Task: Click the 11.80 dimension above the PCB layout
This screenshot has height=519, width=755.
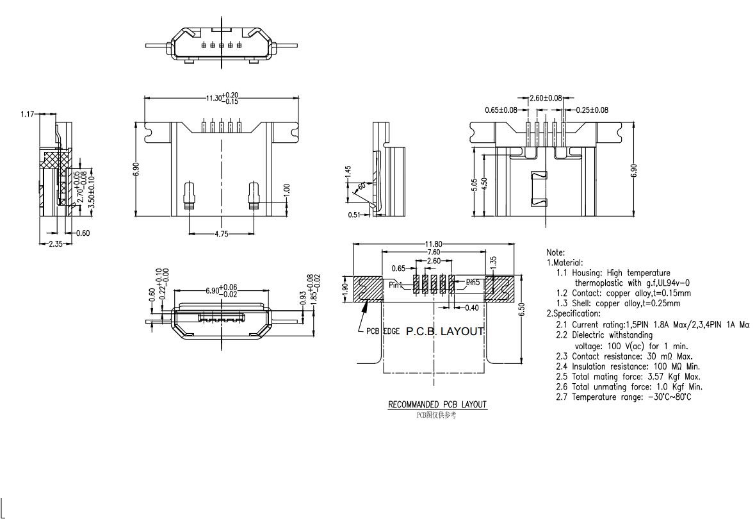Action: [x=434, y=243]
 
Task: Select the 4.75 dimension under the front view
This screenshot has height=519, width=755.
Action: [x=221, y=234]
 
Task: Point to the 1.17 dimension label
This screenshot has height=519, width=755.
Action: [x=28, y=114]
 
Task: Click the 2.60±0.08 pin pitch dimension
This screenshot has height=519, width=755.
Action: [x=546, y=98]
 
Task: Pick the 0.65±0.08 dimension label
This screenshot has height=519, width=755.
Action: [x=501, y=110]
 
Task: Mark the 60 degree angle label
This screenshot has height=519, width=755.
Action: [x=362, y=186]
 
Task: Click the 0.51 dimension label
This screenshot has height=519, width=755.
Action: [x=354, y=215]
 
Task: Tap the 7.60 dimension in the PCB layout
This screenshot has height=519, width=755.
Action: [x=434, y=252]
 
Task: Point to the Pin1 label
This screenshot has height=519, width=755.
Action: [x=396, y=285]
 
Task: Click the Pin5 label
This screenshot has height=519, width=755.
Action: [x=473, y=282]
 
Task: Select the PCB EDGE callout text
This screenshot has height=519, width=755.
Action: [x=382, y=331]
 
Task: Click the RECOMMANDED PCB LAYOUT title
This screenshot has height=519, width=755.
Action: [x=437, y=404]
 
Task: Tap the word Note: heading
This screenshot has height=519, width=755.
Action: [x=555, y=252]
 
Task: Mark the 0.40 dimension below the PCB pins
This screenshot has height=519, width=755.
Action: [x=471, y=308]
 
